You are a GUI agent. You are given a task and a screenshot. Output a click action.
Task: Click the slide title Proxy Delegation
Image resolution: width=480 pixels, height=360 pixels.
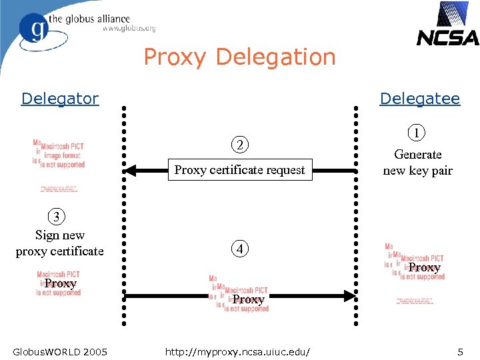(239, 57)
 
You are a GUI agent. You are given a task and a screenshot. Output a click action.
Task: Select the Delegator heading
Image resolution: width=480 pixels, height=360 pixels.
(59, 99)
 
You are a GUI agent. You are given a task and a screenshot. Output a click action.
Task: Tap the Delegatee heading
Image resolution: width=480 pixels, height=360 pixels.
(419, 99)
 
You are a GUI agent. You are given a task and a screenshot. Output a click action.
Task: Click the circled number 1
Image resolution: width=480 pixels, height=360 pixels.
(417, 133)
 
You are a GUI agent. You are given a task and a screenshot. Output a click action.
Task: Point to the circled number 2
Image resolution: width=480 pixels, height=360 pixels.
(239, 145)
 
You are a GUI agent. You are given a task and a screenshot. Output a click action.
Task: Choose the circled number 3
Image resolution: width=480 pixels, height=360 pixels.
(57, 217)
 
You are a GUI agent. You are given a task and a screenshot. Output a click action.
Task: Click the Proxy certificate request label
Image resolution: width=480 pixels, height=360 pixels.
(239, 170)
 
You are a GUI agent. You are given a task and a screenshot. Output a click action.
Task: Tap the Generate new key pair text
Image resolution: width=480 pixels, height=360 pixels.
(417, 162)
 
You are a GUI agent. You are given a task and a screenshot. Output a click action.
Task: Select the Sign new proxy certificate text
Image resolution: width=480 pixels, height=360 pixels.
(60, 243)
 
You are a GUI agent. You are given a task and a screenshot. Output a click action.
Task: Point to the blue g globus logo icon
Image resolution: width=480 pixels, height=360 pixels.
(33, 29)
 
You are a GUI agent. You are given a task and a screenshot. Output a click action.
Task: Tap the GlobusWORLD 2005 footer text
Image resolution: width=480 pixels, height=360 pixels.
(60, 351)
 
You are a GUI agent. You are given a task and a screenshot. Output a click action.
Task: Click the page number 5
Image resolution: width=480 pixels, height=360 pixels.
(460, 351)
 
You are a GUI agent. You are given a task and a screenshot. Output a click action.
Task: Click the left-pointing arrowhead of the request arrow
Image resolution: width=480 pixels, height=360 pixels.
(131, 171)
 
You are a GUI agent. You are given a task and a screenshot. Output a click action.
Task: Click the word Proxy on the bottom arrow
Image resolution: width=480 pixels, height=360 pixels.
(249, 300)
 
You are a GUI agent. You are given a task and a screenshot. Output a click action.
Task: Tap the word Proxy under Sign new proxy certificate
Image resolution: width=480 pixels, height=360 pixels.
(61, 283)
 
